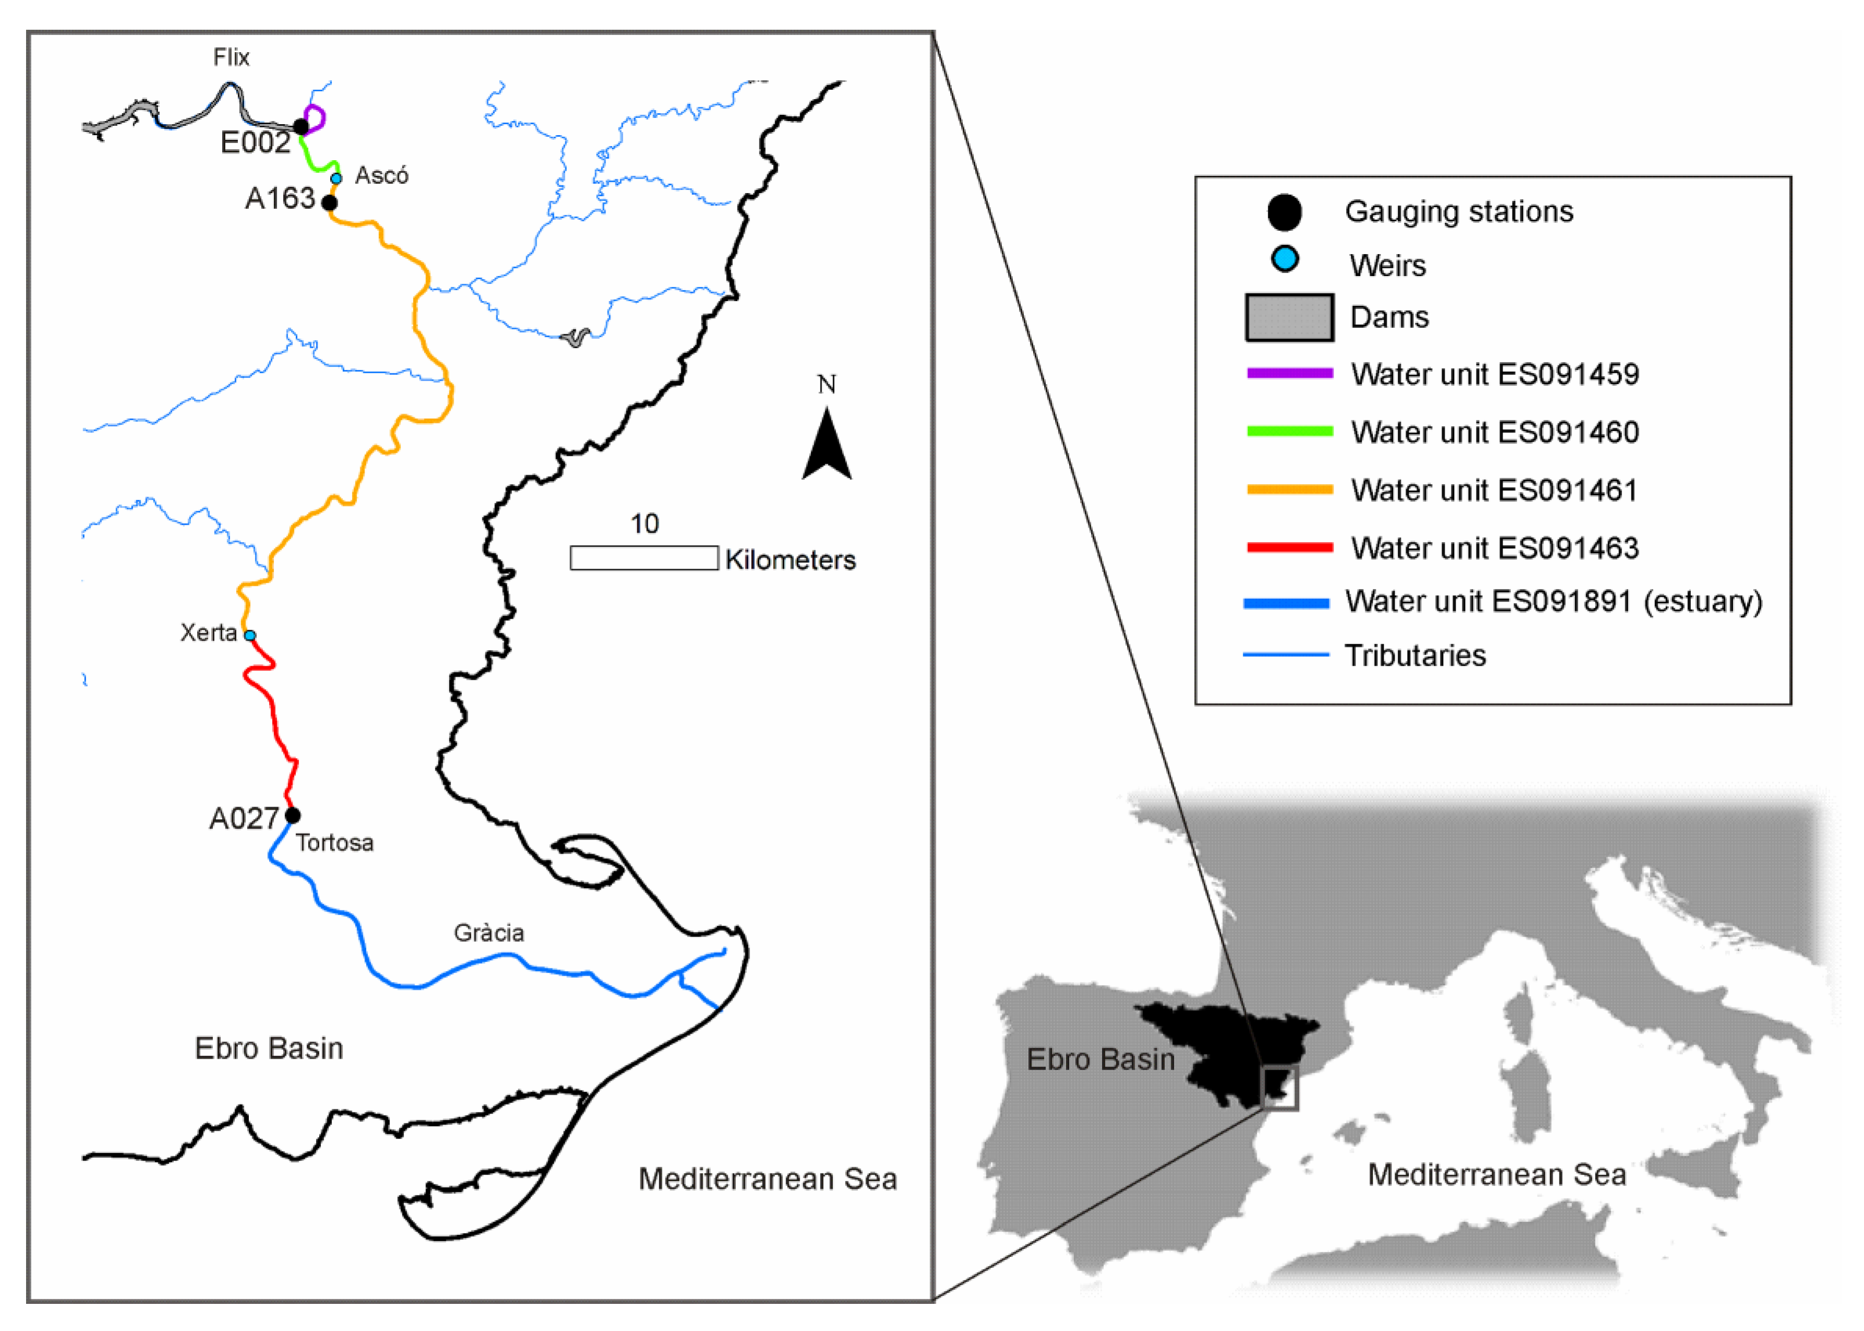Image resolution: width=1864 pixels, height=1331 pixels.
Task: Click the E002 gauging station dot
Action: (301, 126)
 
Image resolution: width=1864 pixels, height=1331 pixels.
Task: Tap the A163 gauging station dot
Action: (330, 202)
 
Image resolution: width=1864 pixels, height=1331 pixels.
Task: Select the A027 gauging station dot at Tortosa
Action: (293, 816)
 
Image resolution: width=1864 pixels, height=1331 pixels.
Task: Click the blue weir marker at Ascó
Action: (336, 178)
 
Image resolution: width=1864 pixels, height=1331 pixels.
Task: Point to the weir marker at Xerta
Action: (250, 635)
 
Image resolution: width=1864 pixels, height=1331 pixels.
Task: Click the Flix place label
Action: (231, 57)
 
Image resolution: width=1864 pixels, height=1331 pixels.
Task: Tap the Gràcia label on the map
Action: (489, 933)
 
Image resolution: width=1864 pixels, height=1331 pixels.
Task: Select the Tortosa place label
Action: (334, 843)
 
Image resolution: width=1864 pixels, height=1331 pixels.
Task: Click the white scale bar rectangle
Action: (644, 558)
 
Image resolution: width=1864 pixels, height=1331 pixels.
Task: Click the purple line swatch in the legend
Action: (1290, 373)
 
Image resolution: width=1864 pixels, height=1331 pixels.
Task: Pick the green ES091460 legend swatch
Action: (1290, 431)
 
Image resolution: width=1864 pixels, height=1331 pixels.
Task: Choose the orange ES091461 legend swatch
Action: (1290, 489)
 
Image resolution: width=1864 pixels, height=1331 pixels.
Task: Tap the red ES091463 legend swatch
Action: (1290, 547)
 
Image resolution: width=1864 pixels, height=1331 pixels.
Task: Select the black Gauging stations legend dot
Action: (1285, 212)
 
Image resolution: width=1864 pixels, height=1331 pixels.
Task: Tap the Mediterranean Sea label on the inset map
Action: (1496, 1174)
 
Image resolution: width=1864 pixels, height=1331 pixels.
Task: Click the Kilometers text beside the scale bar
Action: (790, 560)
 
